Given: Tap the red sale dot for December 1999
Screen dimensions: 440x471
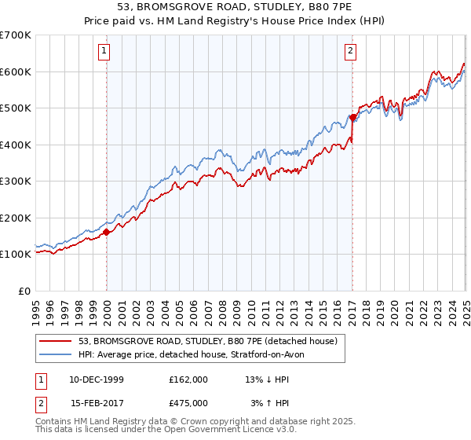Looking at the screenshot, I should [106, 232].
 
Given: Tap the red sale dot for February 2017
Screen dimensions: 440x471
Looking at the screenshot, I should [352, 118].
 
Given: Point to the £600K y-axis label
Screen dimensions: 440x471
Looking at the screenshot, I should [16, 71].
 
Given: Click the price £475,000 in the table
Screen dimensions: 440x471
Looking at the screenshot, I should [188, 403].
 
